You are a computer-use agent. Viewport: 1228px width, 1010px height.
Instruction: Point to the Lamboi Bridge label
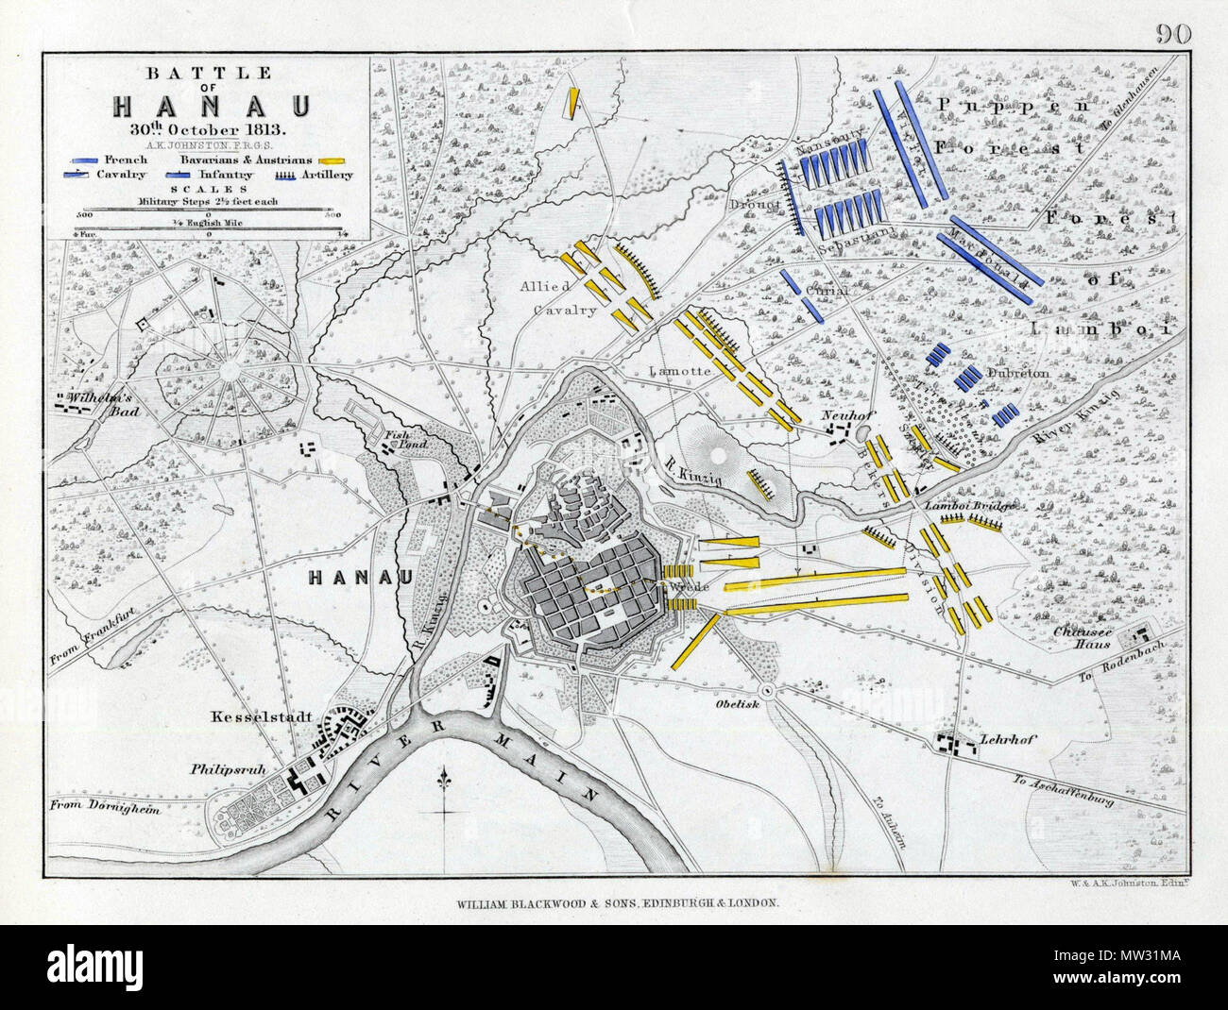(970, 505)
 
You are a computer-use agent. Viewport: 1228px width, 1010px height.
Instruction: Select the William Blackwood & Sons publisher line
(613, 902)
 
